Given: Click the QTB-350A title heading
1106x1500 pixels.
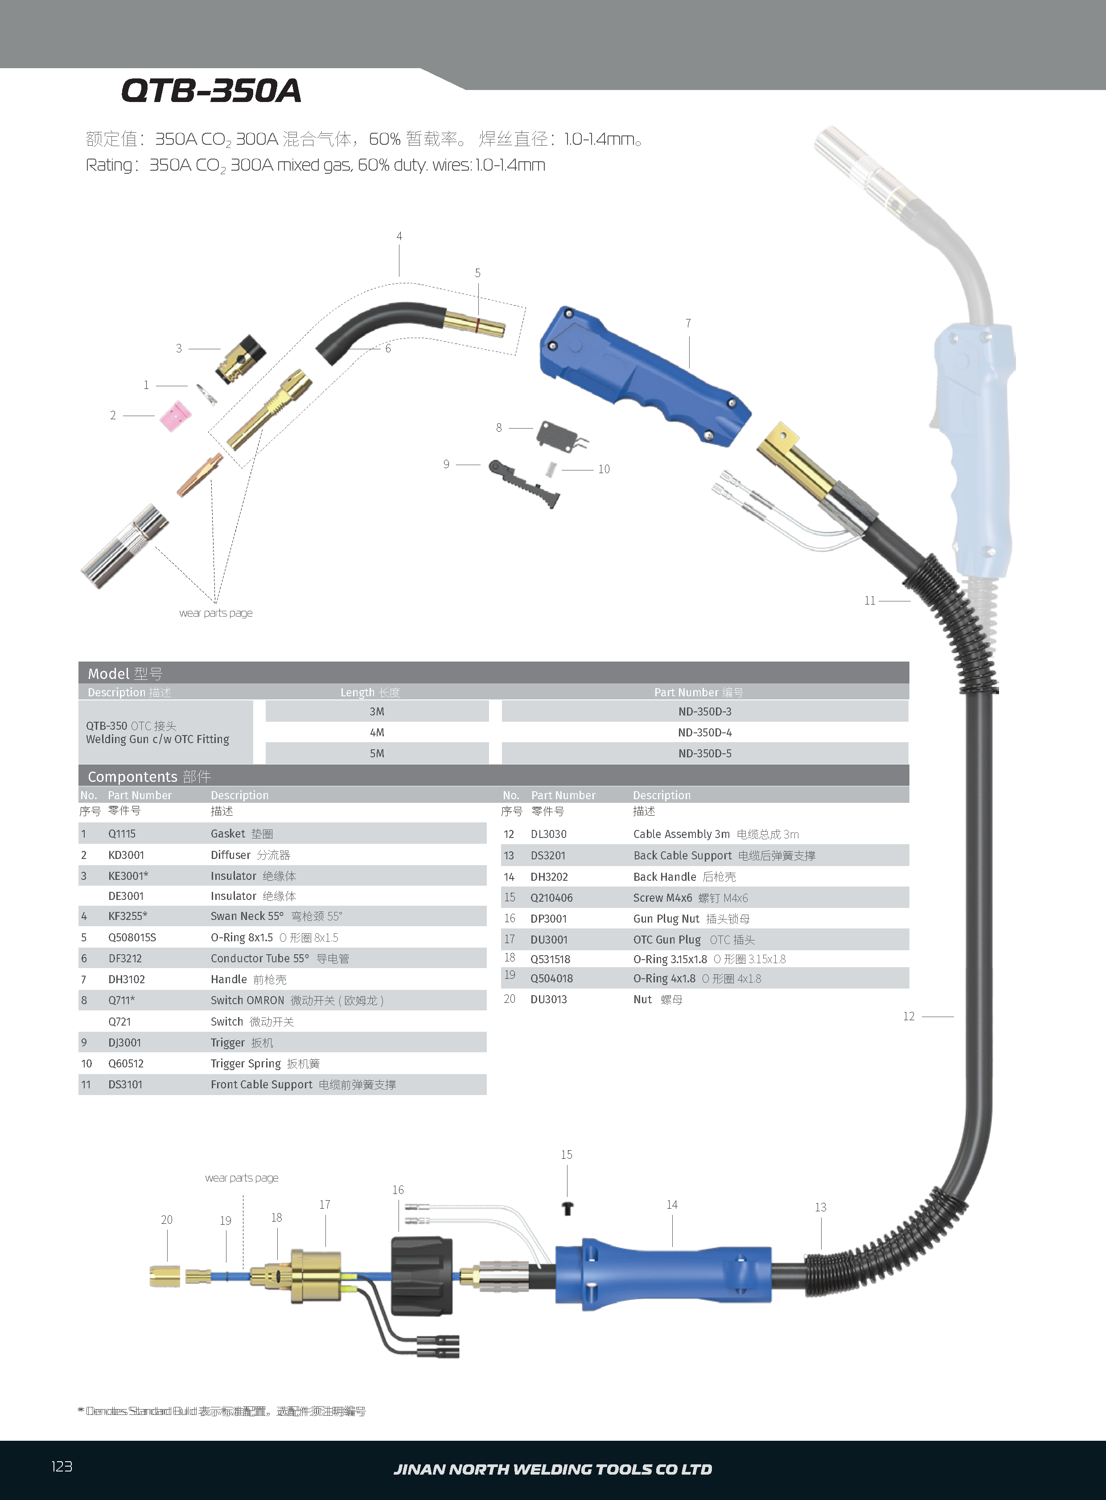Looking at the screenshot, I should coord(211,90).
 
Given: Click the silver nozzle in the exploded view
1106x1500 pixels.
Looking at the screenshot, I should coord(124,546).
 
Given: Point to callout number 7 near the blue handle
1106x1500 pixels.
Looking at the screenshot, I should coord(688,323).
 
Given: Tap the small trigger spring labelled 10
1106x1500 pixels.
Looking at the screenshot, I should coord(550,469).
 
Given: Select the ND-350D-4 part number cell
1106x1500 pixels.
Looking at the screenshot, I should coord(704,732).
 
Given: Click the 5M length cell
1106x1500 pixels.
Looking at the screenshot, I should coord(377,753).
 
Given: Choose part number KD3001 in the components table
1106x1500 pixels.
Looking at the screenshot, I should coord(127,855).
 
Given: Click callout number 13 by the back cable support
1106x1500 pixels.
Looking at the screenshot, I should coord(820,1207).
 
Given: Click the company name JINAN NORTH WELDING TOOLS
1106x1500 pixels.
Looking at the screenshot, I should coord(552,1469).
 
